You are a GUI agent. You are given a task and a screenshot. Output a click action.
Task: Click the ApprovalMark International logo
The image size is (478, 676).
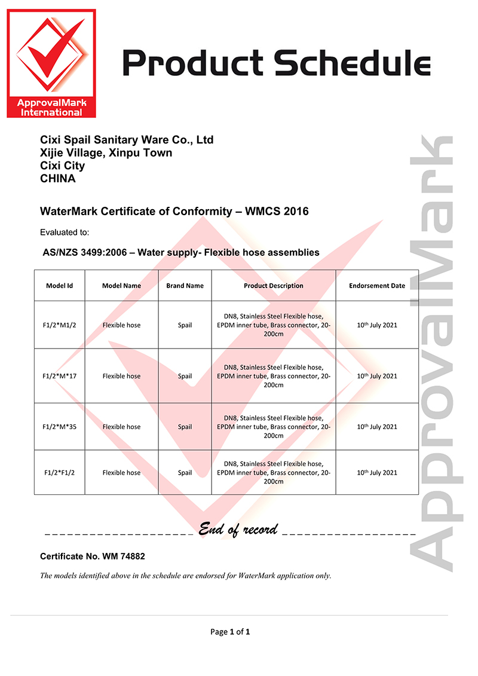click(51, 63)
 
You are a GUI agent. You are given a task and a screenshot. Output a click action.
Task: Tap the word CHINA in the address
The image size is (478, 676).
click(58, 178)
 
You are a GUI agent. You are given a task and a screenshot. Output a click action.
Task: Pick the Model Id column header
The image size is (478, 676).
click(59, 286)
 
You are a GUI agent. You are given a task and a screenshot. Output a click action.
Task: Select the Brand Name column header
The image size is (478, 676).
click(185, 286)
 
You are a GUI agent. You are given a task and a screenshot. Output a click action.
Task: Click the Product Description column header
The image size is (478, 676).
click(273, 286)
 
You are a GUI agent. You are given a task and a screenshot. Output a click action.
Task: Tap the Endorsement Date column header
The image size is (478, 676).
click(377, 286)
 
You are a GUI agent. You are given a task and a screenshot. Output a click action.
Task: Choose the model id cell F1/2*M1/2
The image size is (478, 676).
click(59, 325)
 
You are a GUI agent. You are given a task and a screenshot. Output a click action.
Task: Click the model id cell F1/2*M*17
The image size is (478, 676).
click(59, 376)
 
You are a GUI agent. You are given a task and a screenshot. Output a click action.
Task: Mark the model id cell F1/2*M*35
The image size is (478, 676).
click(59, 427)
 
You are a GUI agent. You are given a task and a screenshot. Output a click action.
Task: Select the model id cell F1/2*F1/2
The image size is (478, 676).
click(59, 473)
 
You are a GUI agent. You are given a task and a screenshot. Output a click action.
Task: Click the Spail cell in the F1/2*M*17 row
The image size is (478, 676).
click(185, 376)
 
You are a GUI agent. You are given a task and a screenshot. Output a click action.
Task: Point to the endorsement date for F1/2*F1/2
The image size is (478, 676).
click(377, 473)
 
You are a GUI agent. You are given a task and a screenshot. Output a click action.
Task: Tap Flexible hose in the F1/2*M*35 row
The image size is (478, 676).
click(121, 427)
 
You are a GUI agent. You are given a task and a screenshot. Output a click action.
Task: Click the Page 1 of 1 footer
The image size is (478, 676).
click(230, 632)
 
